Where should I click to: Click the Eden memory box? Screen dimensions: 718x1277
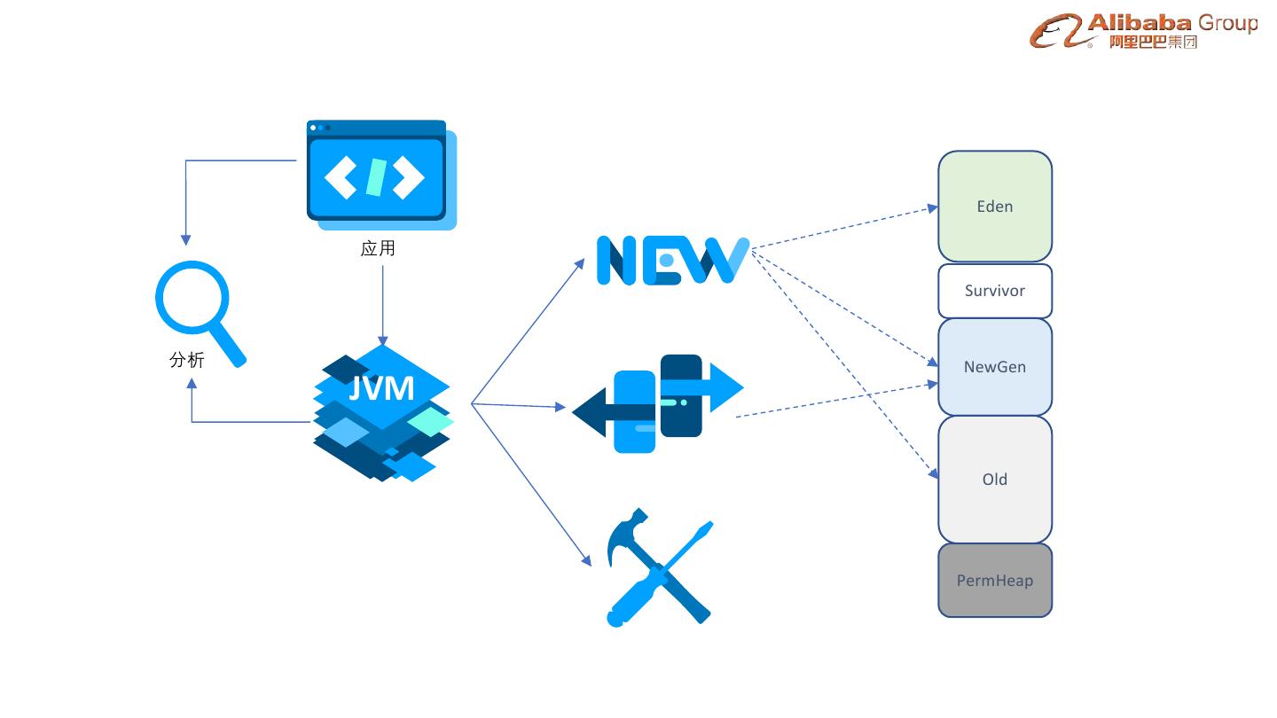tap(995, 207)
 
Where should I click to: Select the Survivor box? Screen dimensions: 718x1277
tap(995, 291)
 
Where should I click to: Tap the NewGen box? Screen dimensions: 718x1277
tap(995, 367)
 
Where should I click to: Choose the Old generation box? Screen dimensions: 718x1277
tap(995, 480)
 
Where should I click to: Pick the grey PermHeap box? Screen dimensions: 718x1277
tap(995, 581)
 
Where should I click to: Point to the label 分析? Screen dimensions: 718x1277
tap(187, 360)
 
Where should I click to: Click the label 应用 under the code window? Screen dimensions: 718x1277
tap(378, 249)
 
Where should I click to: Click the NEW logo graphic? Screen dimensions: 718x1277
tap(671, 260)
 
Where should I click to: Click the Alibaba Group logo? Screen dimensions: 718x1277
tap(1144, 31)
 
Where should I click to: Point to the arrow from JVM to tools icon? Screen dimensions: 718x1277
tap(530, 483)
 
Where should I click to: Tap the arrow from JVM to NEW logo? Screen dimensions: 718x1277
tap(527, 332)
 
